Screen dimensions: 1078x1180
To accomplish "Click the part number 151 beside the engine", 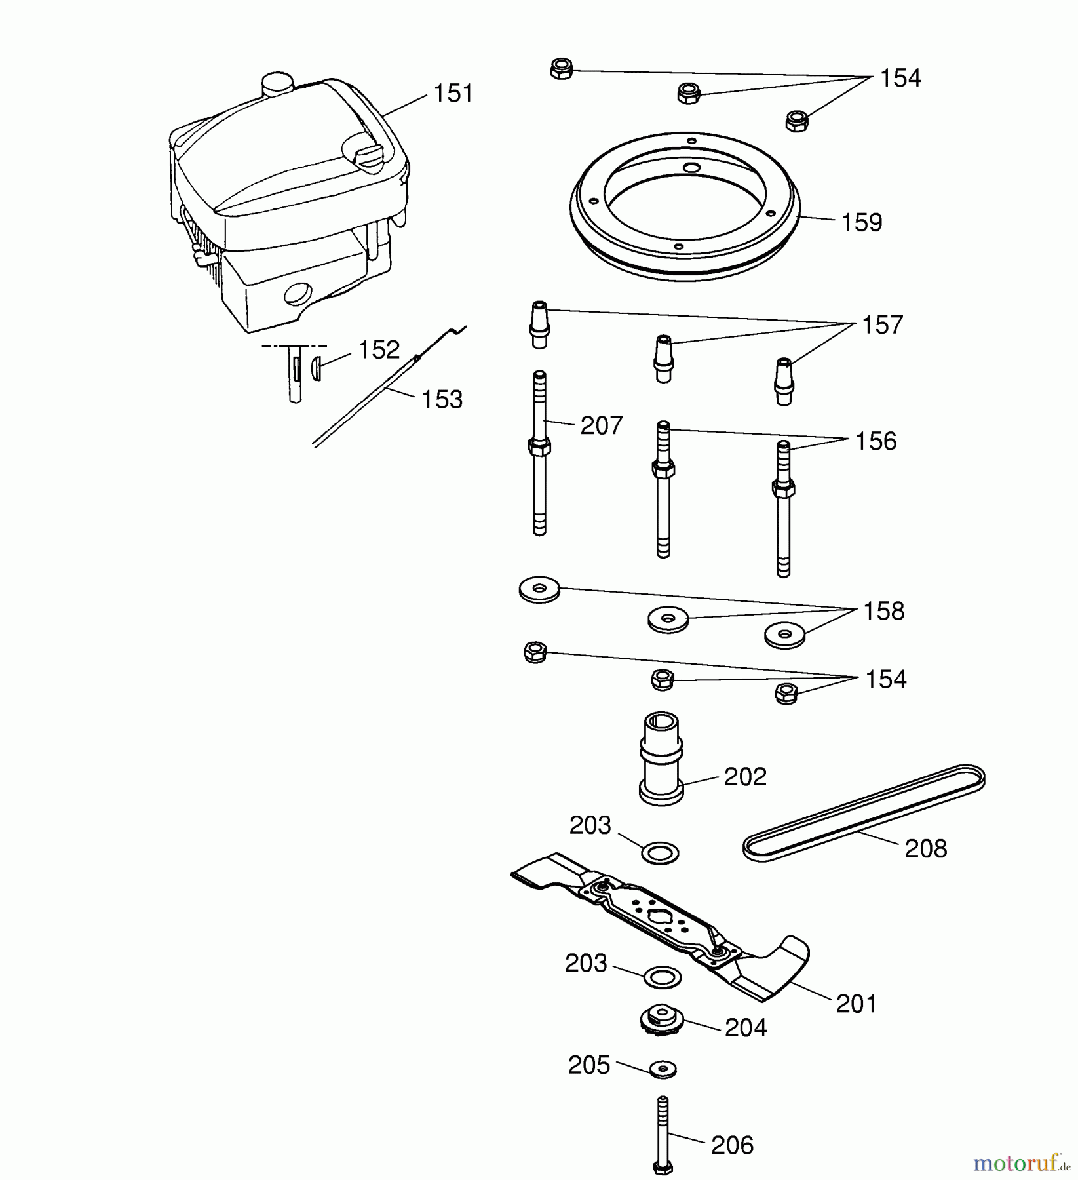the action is pos(453,93).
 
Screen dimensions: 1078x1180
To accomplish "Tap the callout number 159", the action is pos(862,223).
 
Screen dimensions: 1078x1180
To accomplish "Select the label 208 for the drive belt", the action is pos(925,849).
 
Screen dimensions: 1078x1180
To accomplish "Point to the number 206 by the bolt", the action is pos(732,1145).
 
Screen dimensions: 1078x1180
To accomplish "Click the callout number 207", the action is pos(601,426).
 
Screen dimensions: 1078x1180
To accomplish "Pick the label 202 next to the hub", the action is pos(745,777).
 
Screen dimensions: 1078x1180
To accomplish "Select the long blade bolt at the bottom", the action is pos(663,1134).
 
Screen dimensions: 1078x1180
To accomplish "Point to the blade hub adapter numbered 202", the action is pos(661,758).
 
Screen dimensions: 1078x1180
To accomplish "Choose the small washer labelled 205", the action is pos(663,1069).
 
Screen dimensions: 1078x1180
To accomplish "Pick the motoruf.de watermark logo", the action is pos(1020,1163).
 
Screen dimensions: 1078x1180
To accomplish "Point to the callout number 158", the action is pos(883,611).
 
